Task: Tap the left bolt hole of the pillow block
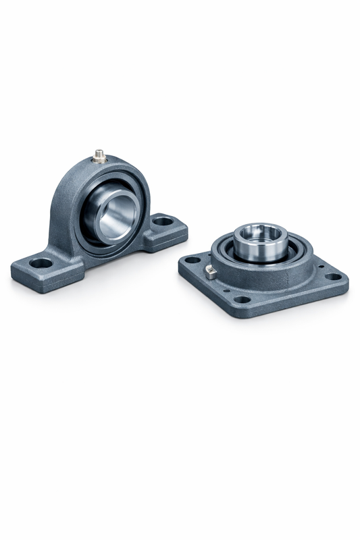coord(42,263)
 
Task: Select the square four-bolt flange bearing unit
coord(263,270)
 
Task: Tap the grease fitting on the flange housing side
coord(210,271)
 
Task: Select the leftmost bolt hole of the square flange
coord(192,260)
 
